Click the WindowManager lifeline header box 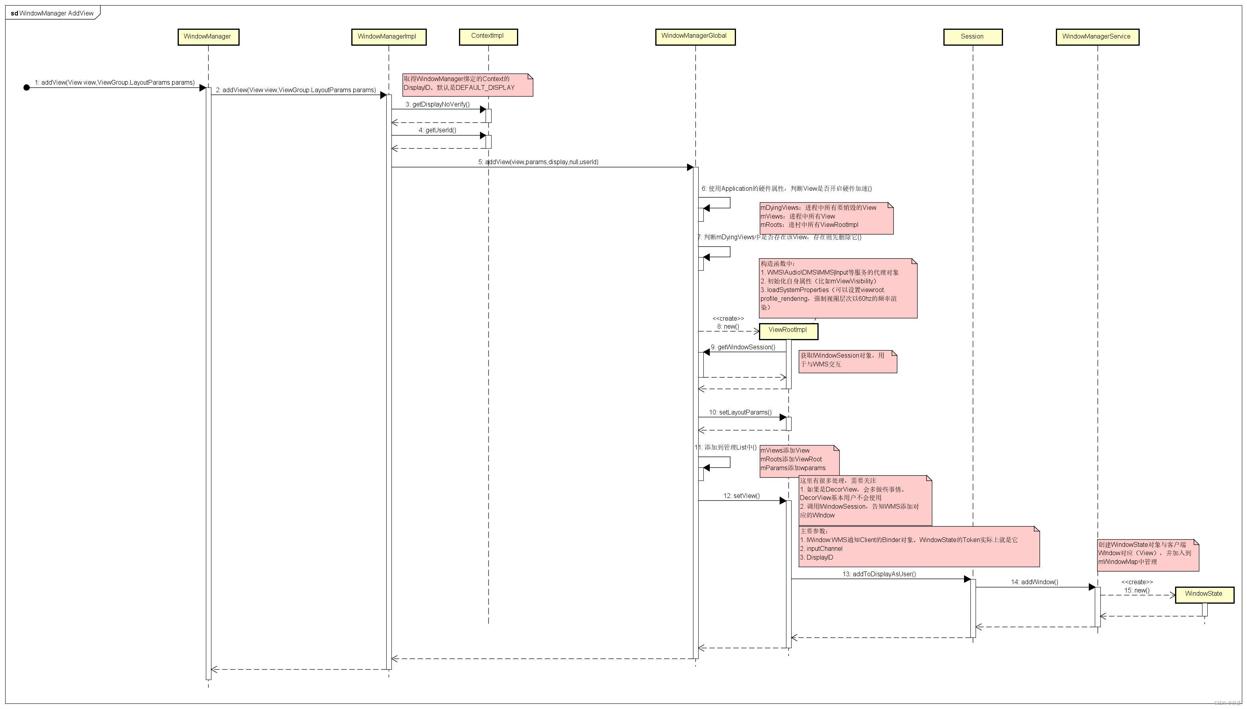click(x=208, y=37)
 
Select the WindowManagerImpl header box click(x=389, y=37)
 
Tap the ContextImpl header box click(x=488, y=37)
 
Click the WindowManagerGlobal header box click(x=695, y=37)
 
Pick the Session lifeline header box click(x=972, y=37)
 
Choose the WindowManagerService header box click(x=1097, y=37)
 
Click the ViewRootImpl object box click(x=788, y=331)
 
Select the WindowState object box click(x=1204, y=595)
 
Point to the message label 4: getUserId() click(x=437, y=130)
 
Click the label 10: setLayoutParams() click(x=740, y=413)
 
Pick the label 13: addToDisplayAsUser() click(x=879, y=574)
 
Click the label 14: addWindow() click(x=1034, y=582)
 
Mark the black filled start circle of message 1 click(x=27, y=88)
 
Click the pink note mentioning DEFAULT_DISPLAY click(x=467, y=85)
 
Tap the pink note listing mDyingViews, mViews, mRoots click(x=826, y=218)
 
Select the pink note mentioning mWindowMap click(x=1148, y=555)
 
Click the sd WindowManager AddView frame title click(x=52, y=13)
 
